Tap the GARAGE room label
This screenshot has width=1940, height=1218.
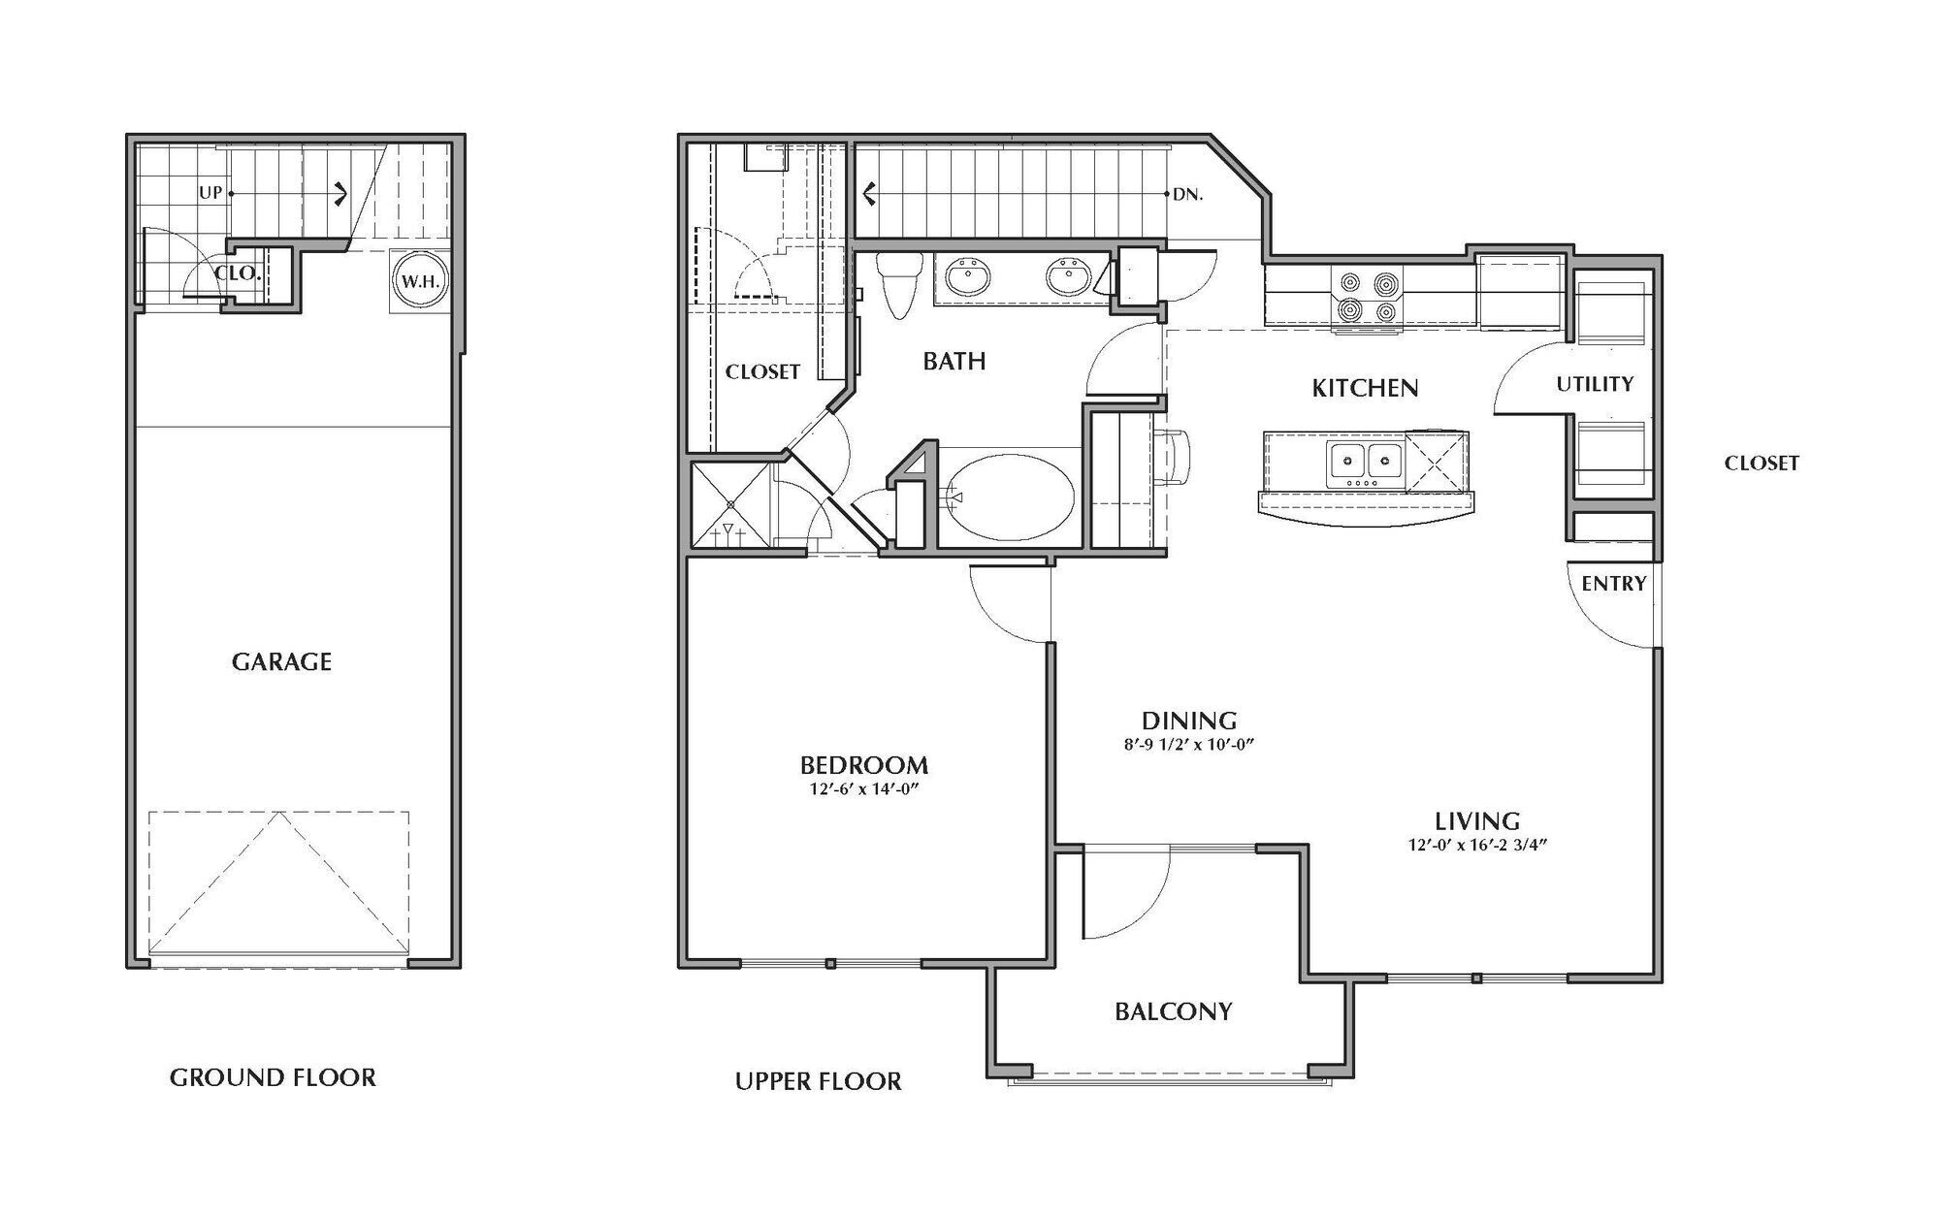[281, 662]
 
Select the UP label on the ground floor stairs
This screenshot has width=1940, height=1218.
[210, 193]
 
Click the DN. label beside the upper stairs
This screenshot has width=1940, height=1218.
[1188, 194]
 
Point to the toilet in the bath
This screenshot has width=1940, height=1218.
[899, 283]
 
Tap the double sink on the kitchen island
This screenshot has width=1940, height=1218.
[1367, 464]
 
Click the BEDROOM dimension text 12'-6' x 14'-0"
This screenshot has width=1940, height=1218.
[863, 788]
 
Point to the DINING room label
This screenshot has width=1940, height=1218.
[1189, 721]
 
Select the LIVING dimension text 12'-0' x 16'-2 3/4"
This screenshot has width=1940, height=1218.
[1477, 845]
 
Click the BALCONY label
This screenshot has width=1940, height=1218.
[1173, 1012]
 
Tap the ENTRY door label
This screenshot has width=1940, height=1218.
[1613, 584]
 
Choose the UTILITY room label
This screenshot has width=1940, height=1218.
[1595, 384]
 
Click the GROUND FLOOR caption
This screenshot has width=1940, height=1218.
[273, 1077]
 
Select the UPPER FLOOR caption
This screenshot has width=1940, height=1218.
[818, 1081]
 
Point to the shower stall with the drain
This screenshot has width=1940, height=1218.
[729, 507]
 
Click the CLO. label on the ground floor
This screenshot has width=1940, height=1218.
[237, 273]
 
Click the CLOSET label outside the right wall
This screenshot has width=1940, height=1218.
[1762, 464]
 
